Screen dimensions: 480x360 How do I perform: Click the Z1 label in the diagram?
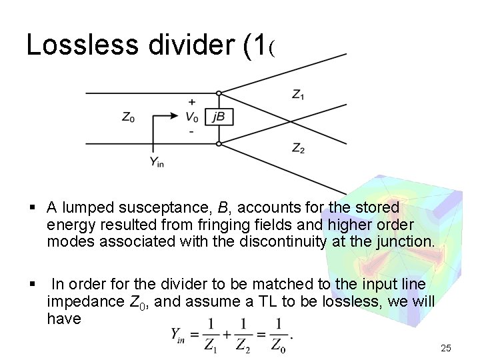[x=299, y=95]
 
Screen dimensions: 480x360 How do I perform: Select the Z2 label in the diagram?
[x=299, y=149]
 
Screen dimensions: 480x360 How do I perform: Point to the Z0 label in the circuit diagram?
[x=128, y=117]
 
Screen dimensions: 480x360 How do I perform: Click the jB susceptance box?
[x=219, y=117]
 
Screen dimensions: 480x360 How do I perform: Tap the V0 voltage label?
[x=192, y=117]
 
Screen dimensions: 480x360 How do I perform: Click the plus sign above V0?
[x=192, y=103]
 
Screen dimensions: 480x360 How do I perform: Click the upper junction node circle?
[x=219, y=93]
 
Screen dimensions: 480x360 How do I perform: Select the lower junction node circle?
[x=219, y=143]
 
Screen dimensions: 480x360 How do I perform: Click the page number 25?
[x=446, y=348]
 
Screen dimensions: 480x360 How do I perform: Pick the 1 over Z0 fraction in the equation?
[x=279, y=335]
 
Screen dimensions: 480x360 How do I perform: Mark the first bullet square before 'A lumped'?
[x=32, y=209]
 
